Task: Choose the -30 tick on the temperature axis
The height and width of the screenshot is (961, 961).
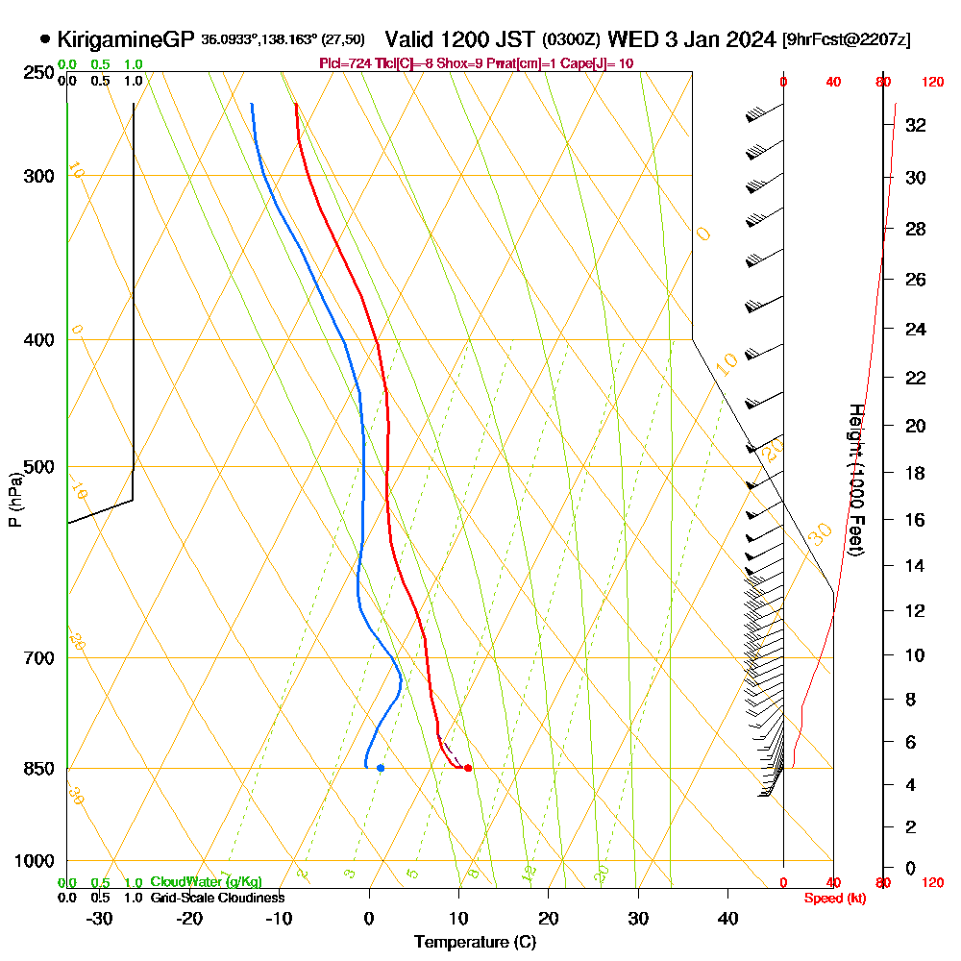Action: pos(100,918)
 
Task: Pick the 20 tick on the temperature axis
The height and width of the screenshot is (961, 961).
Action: pos(549,918)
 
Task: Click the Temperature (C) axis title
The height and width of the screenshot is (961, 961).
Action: pos(475,942)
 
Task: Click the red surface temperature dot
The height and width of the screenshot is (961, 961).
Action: pos(468,768)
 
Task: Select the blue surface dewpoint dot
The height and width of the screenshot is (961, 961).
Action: pos(381,768)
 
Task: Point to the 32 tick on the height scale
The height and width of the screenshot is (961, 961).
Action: pos(915,125)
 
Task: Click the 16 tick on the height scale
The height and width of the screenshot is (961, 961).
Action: pos(915,520)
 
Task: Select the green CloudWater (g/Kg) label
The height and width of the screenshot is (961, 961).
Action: pos(206,881)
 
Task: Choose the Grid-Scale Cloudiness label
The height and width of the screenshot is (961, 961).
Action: pos(217,898)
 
